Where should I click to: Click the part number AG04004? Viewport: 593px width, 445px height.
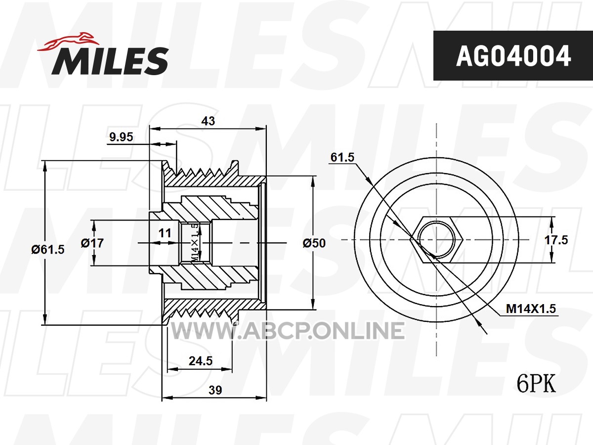[513, 56]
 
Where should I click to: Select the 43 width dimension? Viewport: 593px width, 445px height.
[208, 121]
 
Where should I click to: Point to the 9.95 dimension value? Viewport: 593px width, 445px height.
[121, 137]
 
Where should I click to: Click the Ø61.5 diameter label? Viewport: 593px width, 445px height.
[48, 249]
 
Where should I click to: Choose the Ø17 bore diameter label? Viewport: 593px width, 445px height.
[92, 243]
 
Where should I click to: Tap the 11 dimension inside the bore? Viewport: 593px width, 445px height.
[165, 233]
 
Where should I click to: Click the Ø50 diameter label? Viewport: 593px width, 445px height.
[314, 243]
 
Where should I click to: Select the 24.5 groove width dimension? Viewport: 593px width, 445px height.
[201, 361]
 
